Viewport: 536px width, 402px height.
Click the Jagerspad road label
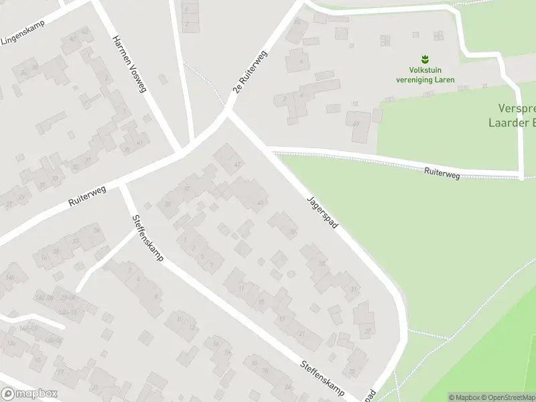point(322,212)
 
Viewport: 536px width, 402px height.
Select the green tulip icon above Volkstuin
point(424,59)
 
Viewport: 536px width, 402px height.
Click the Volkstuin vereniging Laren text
point(425,75)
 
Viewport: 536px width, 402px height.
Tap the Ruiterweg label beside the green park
point(442,174)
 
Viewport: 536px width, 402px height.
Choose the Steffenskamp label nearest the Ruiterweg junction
point(147,238)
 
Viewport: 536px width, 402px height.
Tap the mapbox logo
point(29,394)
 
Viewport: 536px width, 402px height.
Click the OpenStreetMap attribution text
point(505,397)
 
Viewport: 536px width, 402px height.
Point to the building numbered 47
point(237,165)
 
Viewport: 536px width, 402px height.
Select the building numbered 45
point(356,124)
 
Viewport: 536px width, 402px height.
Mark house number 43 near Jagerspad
point(260,203)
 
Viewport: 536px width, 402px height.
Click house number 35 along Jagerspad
point(322,264)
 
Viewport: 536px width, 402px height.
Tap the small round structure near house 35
point(291,274)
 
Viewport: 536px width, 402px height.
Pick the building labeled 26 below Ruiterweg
point(96,230)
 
